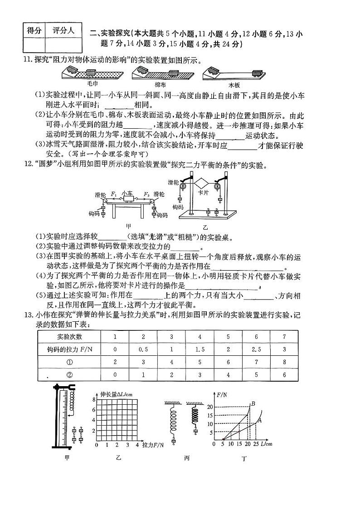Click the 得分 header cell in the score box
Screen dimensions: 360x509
34,31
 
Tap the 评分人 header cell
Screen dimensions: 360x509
63,31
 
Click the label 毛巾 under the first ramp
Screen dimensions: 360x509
92,84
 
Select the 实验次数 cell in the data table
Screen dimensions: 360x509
69,337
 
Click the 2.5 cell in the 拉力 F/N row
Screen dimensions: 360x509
256,349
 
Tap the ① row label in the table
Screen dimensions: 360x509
69,362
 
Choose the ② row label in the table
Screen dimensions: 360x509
69,375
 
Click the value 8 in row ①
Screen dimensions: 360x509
284,362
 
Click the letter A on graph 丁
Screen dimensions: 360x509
260,420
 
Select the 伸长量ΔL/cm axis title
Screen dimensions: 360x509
113,394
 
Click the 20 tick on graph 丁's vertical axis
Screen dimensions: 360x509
210,407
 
